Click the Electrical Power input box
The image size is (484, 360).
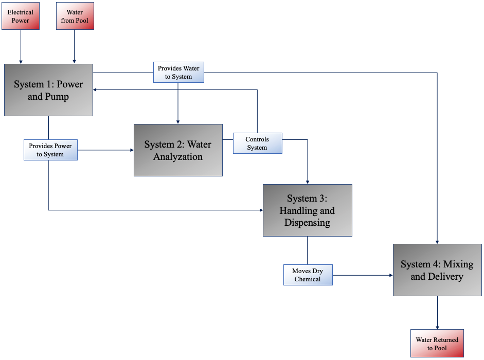point(21,16)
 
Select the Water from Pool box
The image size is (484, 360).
point(75,16)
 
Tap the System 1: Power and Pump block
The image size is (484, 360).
point(48,90)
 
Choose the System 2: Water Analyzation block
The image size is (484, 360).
point(178,150)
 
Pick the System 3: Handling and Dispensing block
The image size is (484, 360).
point(307,210)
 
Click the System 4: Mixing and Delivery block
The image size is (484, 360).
point(437,270)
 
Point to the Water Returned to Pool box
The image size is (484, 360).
point(437,343)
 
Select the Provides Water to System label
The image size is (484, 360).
point(178,72)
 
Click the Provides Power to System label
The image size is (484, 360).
point(50,150)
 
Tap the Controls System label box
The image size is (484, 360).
point(257,143)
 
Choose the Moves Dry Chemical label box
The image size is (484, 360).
point(308,275)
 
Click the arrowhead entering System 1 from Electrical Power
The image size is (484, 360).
point(21,62)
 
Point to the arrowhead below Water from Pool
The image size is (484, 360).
point(75,62)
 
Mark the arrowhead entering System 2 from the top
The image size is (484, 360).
point(178,121)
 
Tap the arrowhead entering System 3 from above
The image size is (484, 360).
point(308,182)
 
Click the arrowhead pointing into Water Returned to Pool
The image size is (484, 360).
point(437,327)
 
